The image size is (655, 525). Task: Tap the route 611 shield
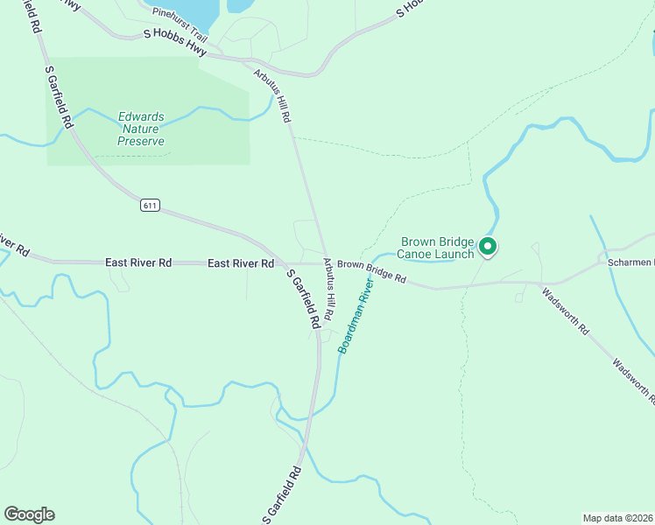pyautogui.click(x=149, y=206)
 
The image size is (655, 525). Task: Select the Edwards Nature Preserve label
pyautogui.click(x=141, y=129)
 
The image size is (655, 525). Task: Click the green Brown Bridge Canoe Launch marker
pyautogui.click(x=488, y=248)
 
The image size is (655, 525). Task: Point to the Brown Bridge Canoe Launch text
pyautogui.click(x=437, y=248)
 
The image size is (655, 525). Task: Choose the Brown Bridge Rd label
pyautogui.click(x=372, y=271)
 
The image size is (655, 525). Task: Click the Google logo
pyautogui.click(x=29, y=514)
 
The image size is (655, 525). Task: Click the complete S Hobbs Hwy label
pyautogui.click(x=175, y=44)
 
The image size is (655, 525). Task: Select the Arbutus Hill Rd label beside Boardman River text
pyautogui.click(x=329, y=287)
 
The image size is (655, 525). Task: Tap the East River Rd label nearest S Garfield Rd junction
pyautogui.click(x=241, y=263)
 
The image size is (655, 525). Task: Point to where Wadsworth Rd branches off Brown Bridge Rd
pyautogui.click(x=536, y=283)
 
